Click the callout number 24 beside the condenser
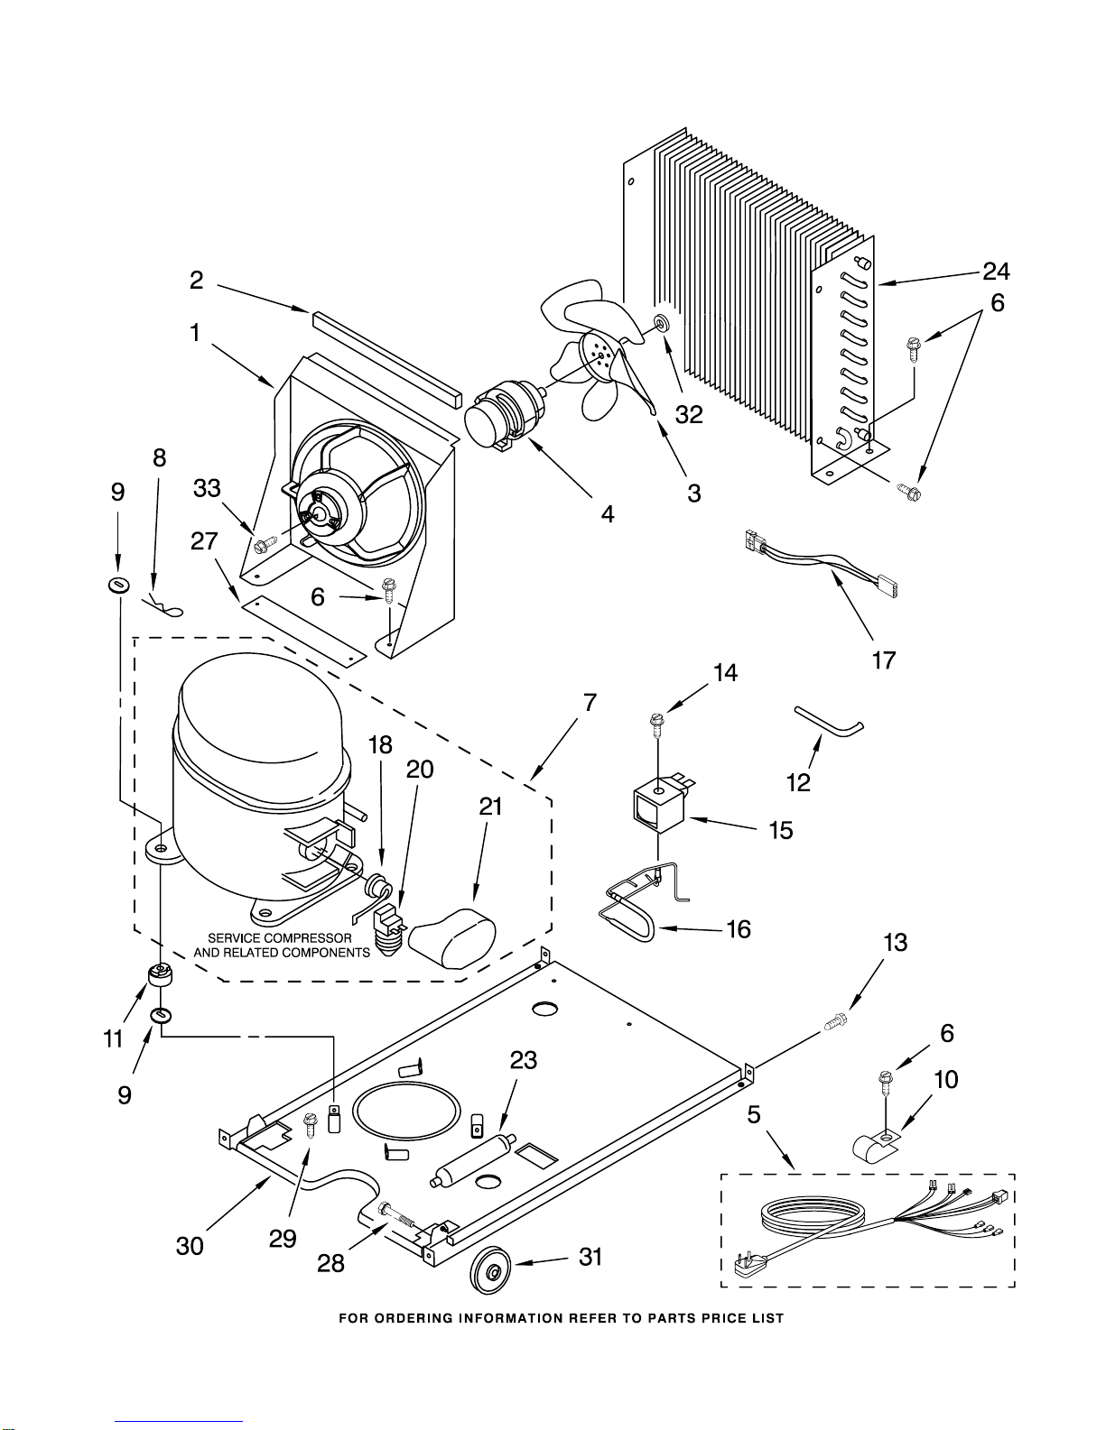tap(996, 271)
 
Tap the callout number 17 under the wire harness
tap(884, 660)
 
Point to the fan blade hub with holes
tap(599, 352)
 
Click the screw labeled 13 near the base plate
tap(835, 1023)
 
